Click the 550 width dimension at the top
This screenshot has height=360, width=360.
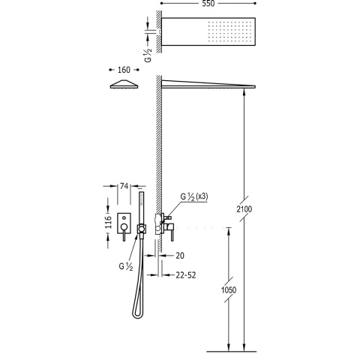coord(208,4)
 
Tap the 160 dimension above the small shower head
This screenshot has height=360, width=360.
coord(124,70)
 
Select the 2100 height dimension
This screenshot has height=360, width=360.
coord(244,209)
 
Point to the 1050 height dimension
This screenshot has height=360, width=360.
coord(229,290)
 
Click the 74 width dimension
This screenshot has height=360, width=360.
coord(124,186)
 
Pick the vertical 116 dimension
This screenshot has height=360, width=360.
coord(108,221)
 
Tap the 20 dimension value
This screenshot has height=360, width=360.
coord(180,256)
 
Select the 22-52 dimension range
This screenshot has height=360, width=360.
coord(186,275)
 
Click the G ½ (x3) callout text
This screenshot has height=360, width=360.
coord(194,196)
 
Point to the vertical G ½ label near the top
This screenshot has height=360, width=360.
coord(148,55)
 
